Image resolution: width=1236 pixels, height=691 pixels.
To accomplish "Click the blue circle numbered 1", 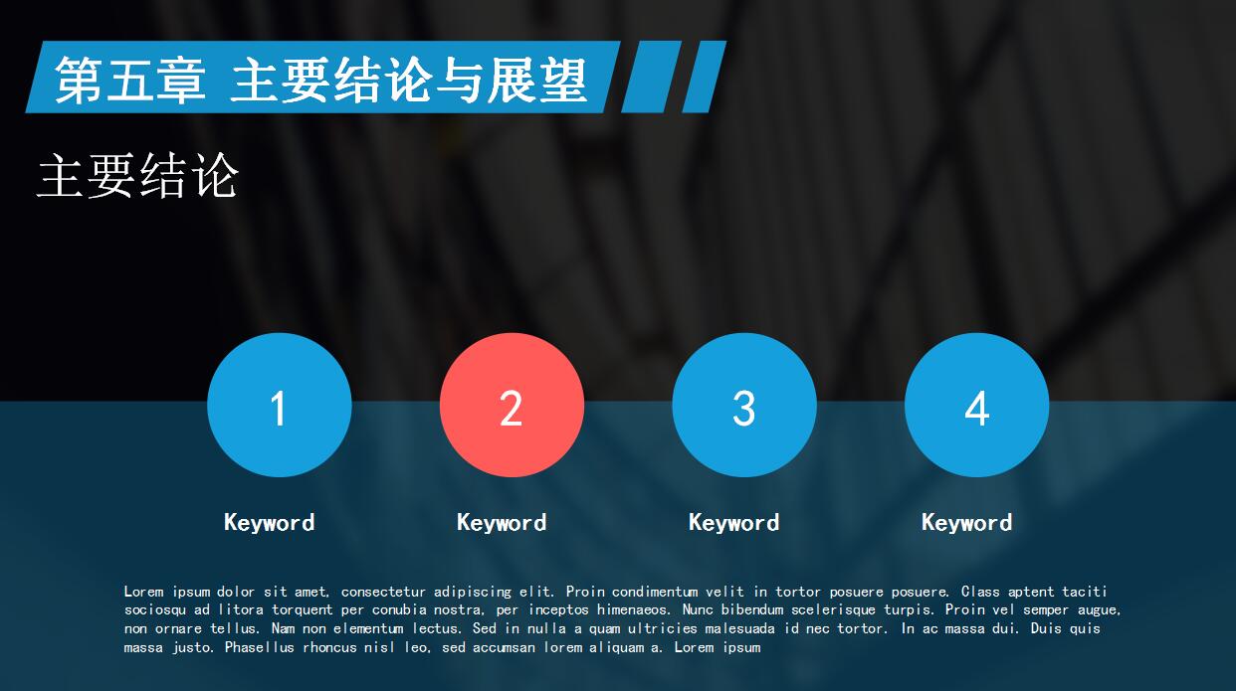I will point(279,406).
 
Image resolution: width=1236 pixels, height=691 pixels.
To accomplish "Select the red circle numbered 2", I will point(512,406).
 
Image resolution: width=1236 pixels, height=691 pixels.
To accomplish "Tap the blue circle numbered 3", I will point(744,406).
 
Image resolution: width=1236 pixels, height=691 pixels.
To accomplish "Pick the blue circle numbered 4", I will point(976,406).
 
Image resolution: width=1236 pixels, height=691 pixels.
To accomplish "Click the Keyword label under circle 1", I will point(269,523).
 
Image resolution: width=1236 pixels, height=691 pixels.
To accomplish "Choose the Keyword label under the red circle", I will point(502,523).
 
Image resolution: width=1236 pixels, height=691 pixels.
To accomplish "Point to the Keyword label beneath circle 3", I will point(733,523).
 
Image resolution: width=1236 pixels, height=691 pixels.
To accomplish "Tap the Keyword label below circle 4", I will point(966,523).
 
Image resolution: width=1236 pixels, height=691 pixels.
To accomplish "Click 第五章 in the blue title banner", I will point(130,80).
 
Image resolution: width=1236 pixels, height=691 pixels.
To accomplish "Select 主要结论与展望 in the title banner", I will point(408,80).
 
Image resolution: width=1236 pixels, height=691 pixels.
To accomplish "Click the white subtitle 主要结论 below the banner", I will point(137,176).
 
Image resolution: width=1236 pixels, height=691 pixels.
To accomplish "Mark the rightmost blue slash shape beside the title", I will point(703,77).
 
